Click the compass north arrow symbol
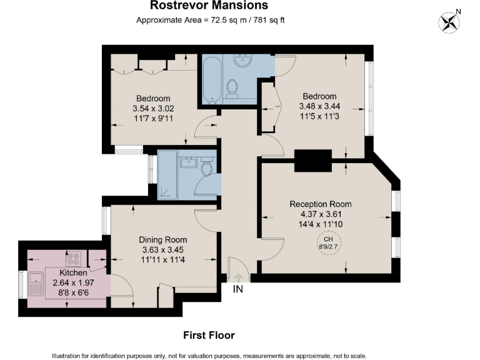(449, 22)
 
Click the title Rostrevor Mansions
(209, 6)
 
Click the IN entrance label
(237, 289)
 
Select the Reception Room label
(320, 204)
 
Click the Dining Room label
(162, 239)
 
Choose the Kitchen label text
(73, 273)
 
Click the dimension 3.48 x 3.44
(319, 107)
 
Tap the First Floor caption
(209, 336)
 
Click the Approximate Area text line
(211, 20)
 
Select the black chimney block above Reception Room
(312, 161)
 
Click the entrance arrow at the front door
(238, 277)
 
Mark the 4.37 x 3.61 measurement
(320, 214)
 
